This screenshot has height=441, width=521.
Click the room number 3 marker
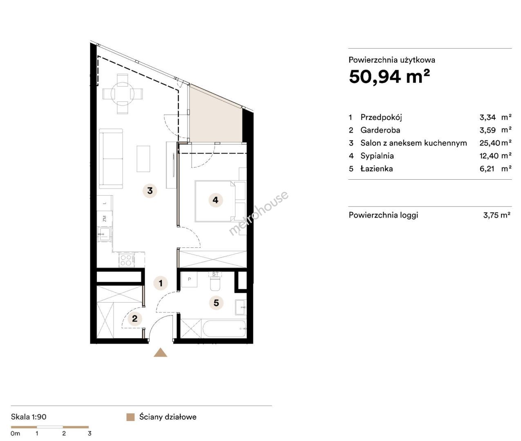coord(150,191)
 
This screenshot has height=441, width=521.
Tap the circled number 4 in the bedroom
coord(215,200)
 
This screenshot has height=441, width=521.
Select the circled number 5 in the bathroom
coord(216,303)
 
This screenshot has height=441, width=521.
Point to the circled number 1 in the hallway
coord(161,283)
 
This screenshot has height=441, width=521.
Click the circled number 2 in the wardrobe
coord(135,319)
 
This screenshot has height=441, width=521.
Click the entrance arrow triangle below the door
coord(161,352)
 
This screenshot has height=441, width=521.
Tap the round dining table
coord(123,94)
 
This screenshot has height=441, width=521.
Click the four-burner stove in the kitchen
coord(127,260)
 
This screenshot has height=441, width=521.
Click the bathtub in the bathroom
coord(224,328)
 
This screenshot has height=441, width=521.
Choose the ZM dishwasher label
coord(104,218)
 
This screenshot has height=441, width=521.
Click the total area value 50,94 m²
coord(389,76)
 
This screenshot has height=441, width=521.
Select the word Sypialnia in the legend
coord(377,156)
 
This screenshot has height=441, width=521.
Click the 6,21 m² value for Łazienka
coord(495,169)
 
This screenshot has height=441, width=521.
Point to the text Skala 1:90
coord(29,417)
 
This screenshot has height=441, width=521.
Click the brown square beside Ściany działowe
coord(130,417)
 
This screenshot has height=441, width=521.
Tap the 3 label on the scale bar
coord(89,433)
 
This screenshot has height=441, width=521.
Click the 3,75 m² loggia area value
coord(496,215)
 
